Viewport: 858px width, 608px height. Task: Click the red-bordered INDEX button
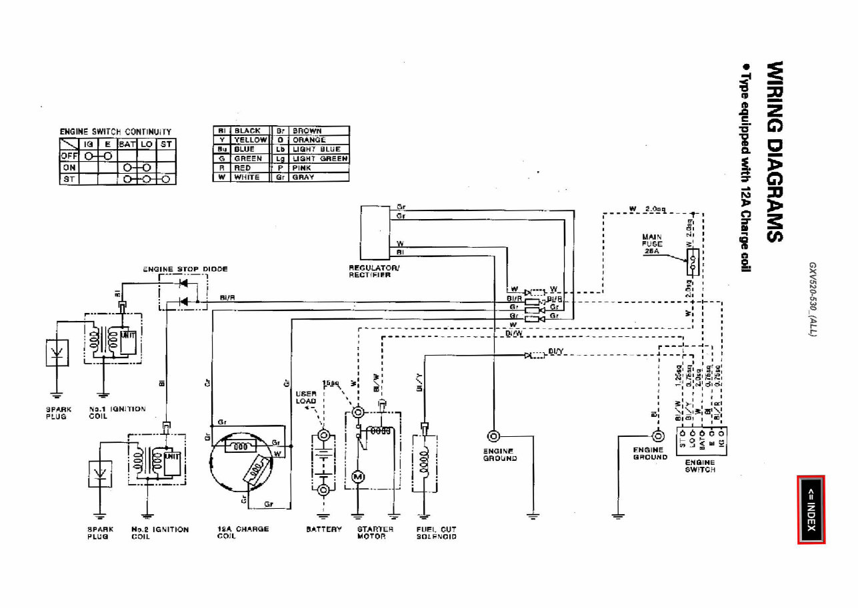click(x=811, y=509)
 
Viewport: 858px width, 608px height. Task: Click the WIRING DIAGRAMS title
click(x=775, y=152)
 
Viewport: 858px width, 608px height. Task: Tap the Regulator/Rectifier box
click(x=374, y=234)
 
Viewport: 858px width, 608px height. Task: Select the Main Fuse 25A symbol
click(x=693, y=262)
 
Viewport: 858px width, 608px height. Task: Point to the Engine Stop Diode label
click(x=185, y=269)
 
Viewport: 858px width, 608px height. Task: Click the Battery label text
click(x=324, y=529)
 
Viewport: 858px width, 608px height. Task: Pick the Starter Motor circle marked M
click(x=357, y=476)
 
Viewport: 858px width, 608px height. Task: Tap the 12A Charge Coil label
click(x=243, y=532)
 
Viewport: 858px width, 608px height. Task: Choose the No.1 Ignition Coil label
click(x=117, y=412)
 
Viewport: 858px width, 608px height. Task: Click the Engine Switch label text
click(x=700, y=465)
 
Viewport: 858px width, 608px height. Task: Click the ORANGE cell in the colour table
click(x=309, y=141)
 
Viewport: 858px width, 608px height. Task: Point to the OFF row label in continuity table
click(x=69, y=155)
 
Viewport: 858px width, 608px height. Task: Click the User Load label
click(x=306, y=398)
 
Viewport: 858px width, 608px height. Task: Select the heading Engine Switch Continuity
click(x=115, y=132)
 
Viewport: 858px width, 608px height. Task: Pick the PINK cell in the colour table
click(x=301, y=168)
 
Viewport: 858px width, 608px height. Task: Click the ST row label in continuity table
click(x=69, y=179)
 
